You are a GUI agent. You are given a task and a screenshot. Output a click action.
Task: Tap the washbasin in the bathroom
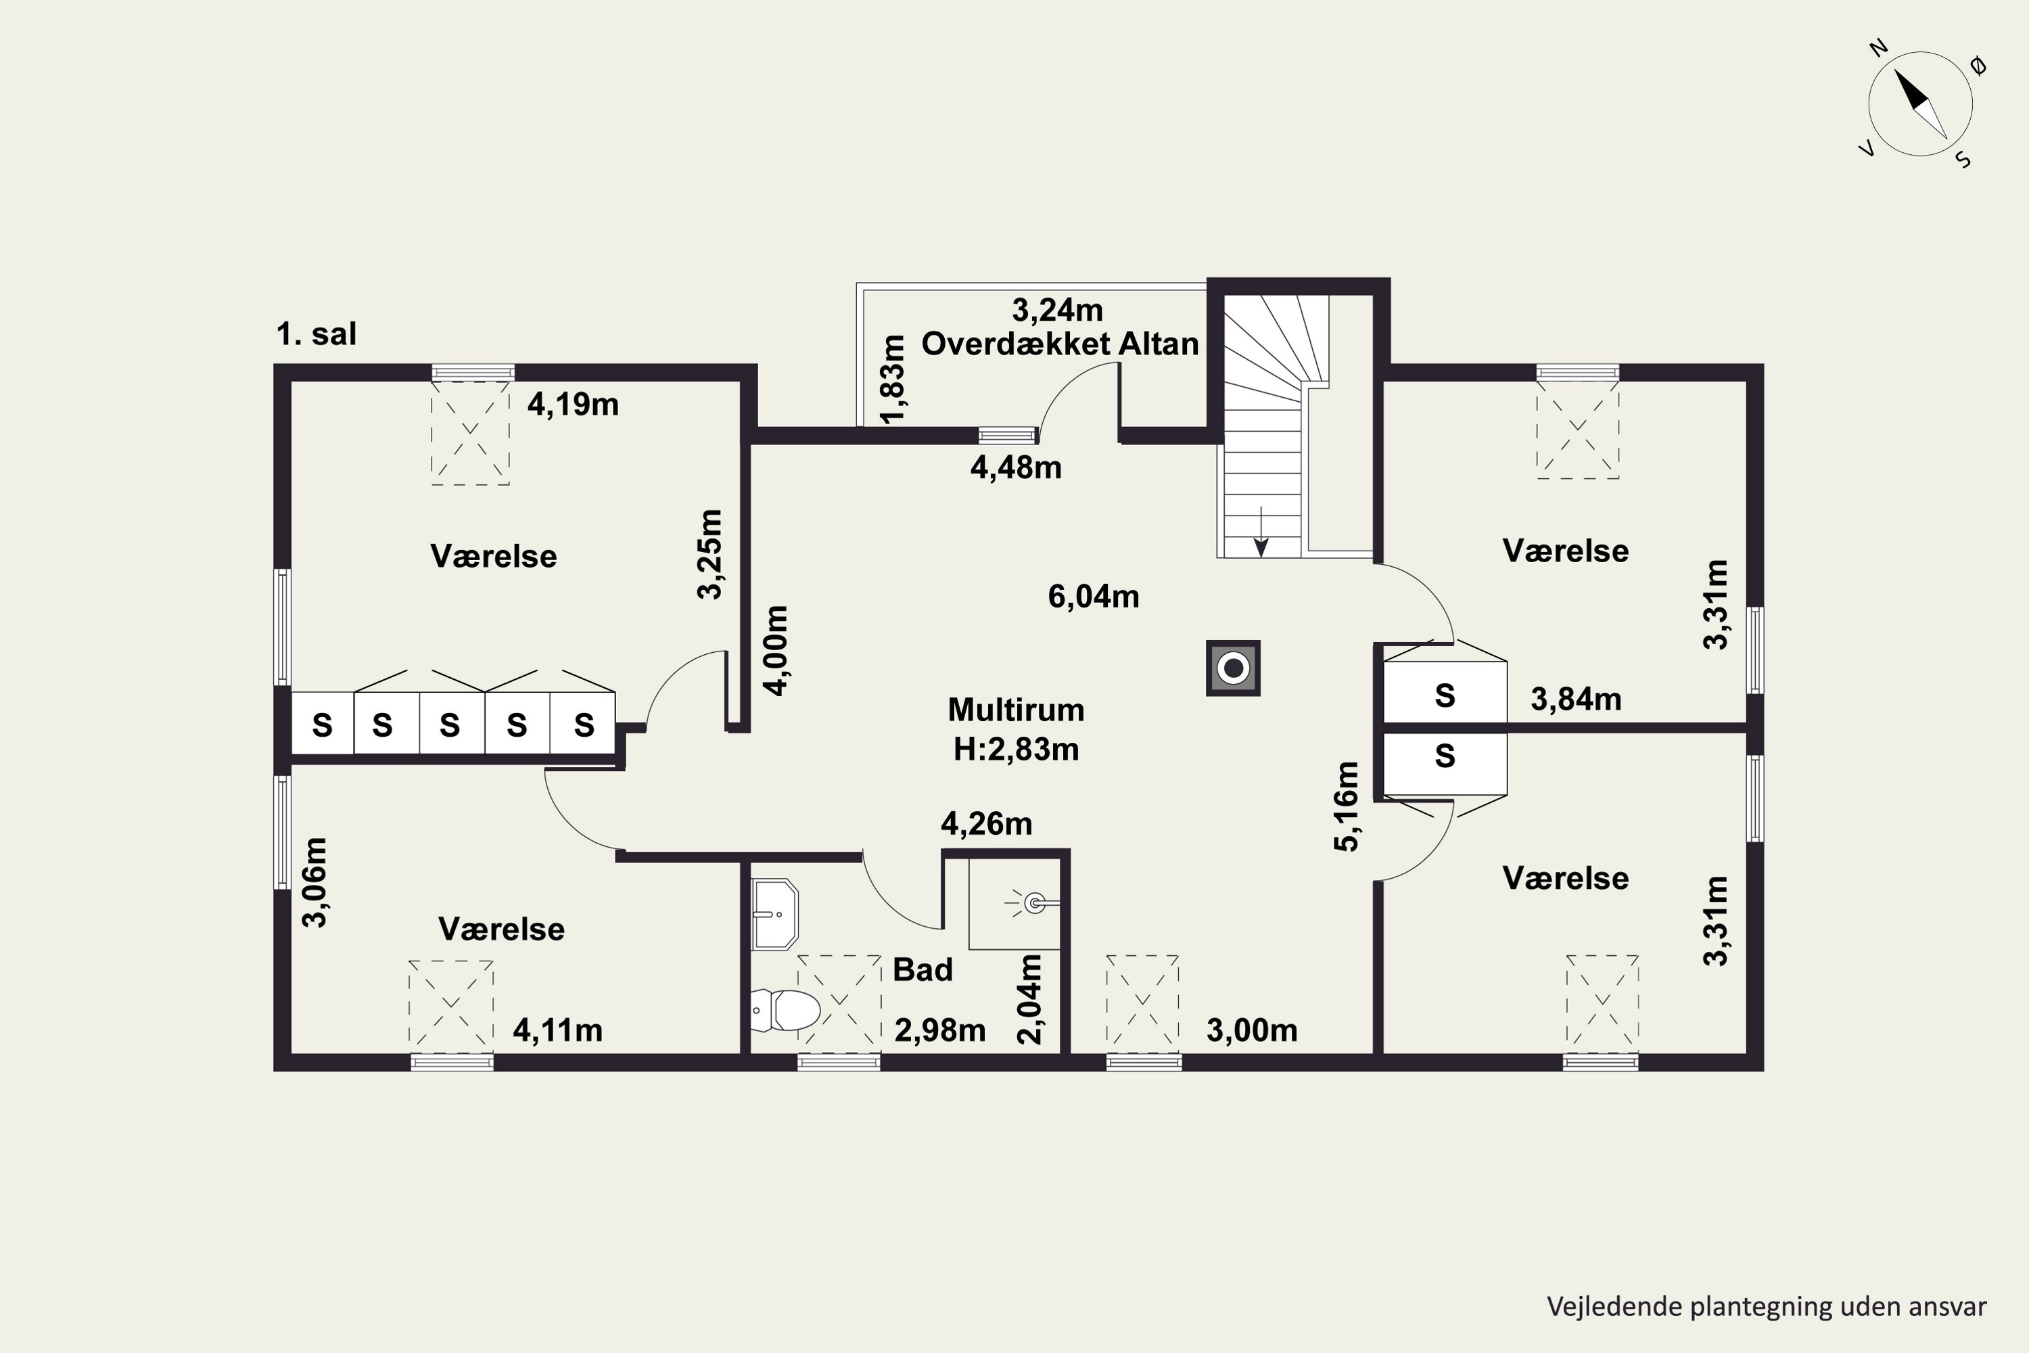774,914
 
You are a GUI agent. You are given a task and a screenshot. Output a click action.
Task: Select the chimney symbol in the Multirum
1233,668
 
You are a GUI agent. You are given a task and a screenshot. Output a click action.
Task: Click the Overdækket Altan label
1060,344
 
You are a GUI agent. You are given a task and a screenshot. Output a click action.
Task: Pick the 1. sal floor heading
316,334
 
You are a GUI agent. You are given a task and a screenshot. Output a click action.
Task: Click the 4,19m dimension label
573,405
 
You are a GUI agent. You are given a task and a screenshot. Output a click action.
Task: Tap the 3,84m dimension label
1576,699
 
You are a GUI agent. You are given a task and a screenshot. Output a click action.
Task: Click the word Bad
923,970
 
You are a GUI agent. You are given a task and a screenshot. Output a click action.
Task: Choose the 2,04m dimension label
1030,999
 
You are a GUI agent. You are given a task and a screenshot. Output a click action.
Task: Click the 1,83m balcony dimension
893,379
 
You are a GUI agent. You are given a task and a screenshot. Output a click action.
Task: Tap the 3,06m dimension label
315,882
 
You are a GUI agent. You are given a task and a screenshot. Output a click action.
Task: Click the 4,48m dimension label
1015,467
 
